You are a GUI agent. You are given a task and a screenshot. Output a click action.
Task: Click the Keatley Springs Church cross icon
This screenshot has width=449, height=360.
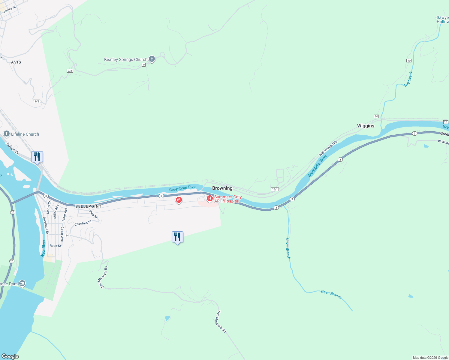click(x=152, y=59)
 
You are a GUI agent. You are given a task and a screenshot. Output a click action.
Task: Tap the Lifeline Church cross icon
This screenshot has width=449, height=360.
click(x=7, y=134)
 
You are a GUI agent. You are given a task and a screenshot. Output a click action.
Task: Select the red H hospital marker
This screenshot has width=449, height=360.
click(x=210, y=198)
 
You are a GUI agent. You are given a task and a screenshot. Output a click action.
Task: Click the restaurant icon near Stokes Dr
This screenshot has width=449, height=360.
click(x=37, y=157)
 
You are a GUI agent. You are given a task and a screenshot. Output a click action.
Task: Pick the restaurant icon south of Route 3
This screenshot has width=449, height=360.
click(x=177, y=237)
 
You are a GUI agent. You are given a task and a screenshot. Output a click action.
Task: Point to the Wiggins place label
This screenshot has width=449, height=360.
click(x=366, y=126)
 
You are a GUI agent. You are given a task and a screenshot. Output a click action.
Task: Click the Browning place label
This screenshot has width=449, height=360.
click(x=222, y=188)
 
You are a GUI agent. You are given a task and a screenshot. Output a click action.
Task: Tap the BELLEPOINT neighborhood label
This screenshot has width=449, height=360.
click(x=88, y=206)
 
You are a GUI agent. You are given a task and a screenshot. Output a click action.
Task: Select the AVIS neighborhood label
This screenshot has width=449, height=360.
click(x=16, y=62)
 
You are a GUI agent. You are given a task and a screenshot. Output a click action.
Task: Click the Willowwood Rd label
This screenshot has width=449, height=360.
click(x=328, y=148)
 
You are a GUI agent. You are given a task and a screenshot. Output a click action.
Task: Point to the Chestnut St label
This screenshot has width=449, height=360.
click(x=83, y=223)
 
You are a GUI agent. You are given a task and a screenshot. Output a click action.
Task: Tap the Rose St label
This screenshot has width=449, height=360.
click(x=55, y=246)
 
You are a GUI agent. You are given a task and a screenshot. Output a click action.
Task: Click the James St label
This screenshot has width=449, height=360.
click(x=9, y=9)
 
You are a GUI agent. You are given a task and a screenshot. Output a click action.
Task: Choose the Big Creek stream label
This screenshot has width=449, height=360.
click(x=408, y=79)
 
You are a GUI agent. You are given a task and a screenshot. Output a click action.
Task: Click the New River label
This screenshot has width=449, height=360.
click(x=43, y=248)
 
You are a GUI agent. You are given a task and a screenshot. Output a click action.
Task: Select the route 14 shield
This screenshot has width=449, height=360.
click(x=67, y=235)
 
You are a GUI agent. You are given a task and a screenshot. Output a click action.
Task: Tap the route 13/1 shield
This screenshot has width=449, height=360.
click(x=275, y=189)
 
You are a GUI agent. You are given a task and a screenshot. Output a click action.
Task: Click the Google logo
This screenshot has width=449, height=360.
click(x=10, y=356)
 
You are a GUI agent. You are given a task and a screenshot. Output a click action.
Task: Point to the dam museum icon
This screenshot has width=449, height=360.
click(x=22, y=283)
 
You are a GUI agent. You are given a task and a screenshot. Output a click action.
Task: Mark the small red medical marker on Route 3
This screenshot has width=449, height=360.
click(x=179, y=200)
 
